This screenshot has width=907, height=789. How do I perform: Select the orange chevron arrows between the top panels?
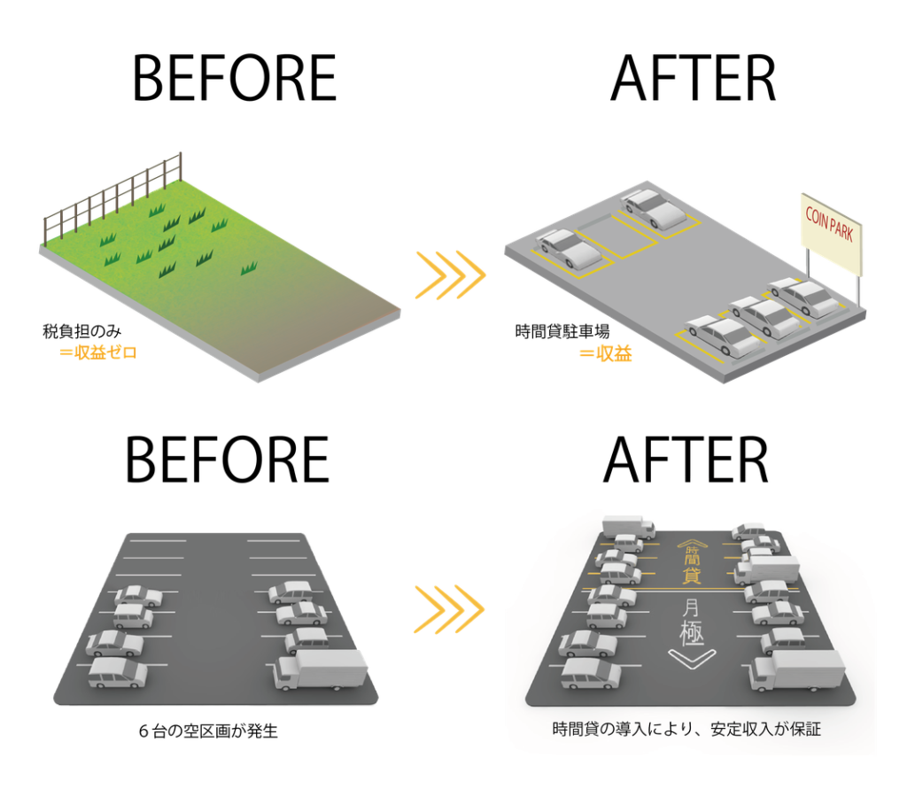(x=450, y=275)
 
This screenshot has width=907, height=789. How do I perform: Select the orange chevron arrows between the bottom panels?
(x=450, y=608)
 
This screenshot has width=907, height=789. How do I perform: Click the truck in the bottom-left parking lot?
(x=321, y=669)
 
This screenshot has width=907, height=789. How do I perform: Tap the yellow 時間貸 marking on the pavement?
(x=692, y=563)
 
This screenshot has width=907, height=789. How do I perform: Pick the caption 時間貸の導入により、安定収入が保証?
(x=686, y=730)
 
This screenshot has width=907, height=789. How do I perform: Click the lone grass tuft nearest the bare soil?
(x=249, y=267)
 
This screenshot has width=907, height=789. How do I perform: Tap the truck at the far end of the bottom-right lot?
(x=628, y=527)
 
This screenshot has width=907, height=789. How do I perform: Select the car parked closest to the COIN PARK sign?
(x=804, y=297)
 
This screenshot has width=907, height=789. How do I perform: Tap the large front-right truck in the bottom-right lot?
(x=796, y=670)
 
